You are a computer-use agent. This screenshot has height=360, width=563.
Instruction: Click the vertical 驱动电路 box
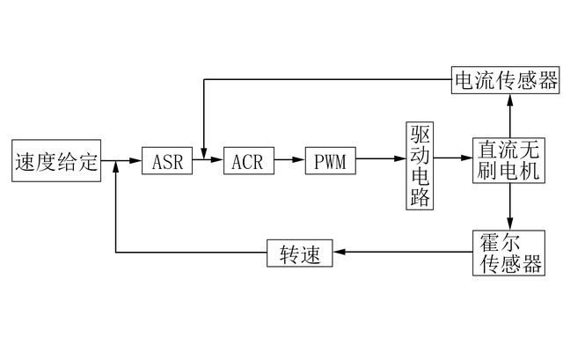coord(420,165)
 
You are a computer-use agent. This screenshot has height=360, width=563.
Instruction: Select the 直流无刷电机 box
coord(509,162)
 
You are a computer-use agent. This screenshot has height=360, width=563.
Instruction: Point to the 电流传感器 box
coord(506,81)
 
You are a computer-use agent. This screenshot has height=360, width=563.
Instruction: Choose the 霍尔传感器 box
coord(509,253)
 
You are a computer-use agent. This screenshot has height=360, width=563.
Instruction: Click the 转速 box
coord(300,254)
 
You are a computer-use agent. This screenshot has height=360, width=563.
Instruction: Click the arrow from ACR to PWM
coord(289,161)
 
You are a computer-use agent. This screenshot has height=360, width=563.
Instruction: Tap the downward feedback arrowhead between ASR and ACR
coord(204,155)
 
